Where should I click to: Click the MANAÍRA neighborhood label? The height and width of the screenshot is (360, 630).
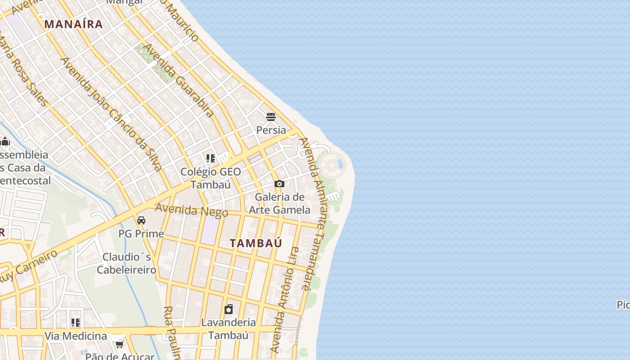coord(74,24)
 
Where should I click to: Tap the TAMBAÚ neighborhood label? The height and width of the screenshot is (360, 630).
coord(256,243)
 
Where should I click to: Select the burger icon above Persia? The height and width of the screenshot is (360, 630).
coord(271,117)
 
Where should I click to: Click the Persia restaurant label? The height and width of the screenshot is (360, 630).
coord(271,130)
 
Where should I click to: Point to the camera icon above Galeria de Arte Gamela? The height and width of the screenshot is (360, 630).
coord(279,184)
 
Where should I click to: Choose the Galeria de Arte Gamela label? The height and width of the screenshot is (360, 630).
coord(279,203)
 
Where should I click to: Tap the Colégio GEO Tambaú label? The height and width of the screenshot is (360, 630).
coord(211,178)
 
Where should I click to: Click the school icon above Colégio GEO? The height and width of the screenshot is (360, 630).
coord(210,158)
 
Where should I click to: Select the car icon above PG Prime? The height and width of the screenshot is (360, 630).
coord(141,220)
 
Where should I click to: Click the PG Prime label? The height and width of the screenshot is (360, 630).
coord(141,234)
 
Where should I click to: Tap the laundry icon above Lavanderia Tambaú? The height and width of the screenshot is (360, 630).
coord(229,309)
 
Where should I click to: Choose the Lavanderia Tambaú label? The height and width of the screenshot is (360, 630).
coord(229,329)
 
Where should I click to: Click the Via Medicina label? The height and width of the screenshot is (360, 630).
coord(76,336)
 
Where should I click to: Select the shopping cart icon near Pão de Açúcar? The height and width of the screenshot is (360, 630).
coord(119,344)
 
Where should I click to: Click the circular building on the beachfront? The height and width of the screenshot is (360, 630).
coord(332,165)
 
